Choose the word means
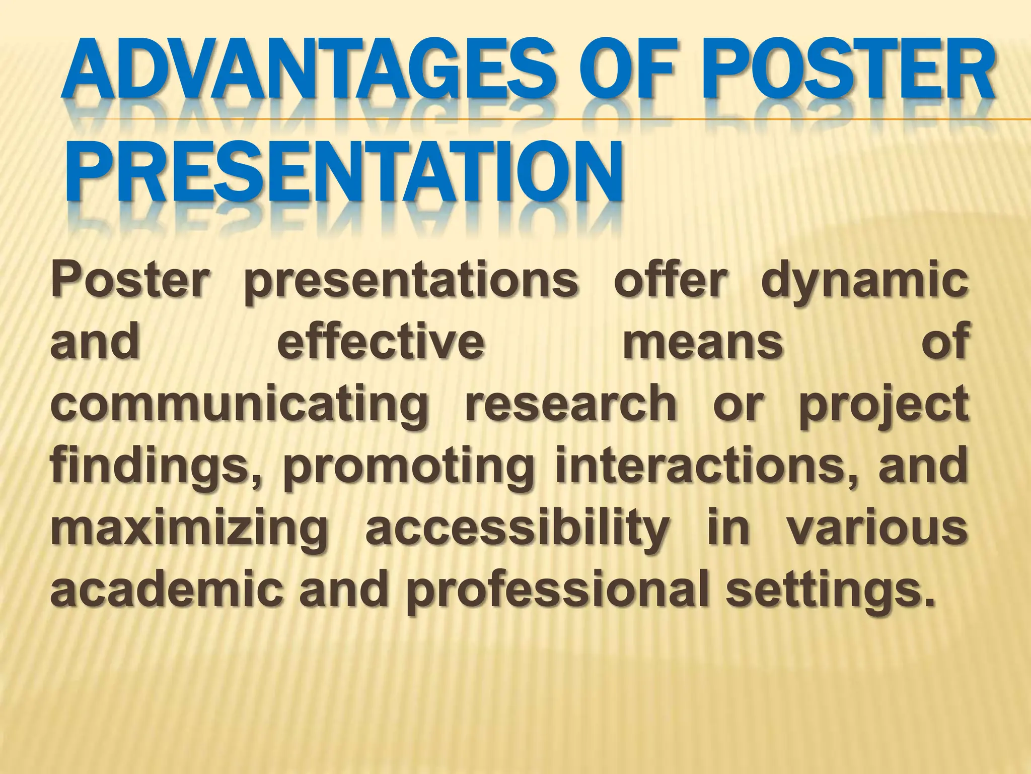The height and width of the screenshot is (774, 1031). pos(703,344)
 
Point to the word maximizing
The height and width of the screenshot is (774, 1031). pos(189,530)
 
